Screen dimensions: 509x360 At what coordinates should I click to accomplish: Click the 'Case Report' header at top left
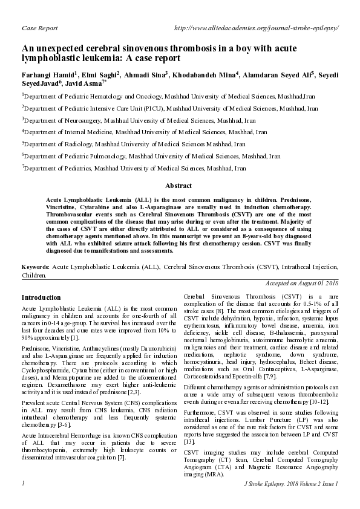[x=39, y=28]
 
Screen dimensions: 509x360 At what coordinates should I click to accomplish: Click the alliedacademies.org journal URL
[x=255, y=28]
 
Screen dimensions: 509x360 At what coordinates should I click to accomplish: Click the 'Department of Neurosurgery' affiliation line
[x=132, y=120]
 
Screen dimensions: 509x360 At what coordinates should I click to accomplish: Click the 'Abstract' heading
[x=179, y=186]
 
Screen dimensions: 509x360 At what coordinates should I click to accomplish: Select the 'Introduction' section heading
[x=41, y=298]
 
